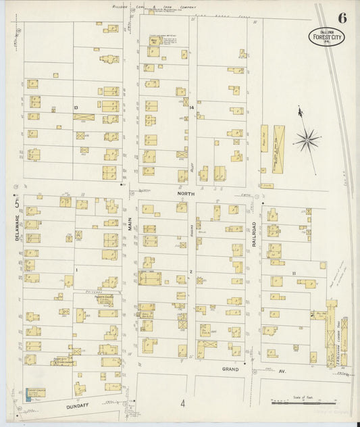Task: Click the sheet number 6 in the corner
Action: (x=342, y=18)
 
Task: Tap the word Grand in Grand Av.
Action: (x=231, y=370)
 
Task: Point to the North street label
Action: (x=186, y=194)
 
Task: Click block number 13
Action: (x=76, y=108)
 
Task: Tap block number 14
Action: (x=192, y=108)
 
